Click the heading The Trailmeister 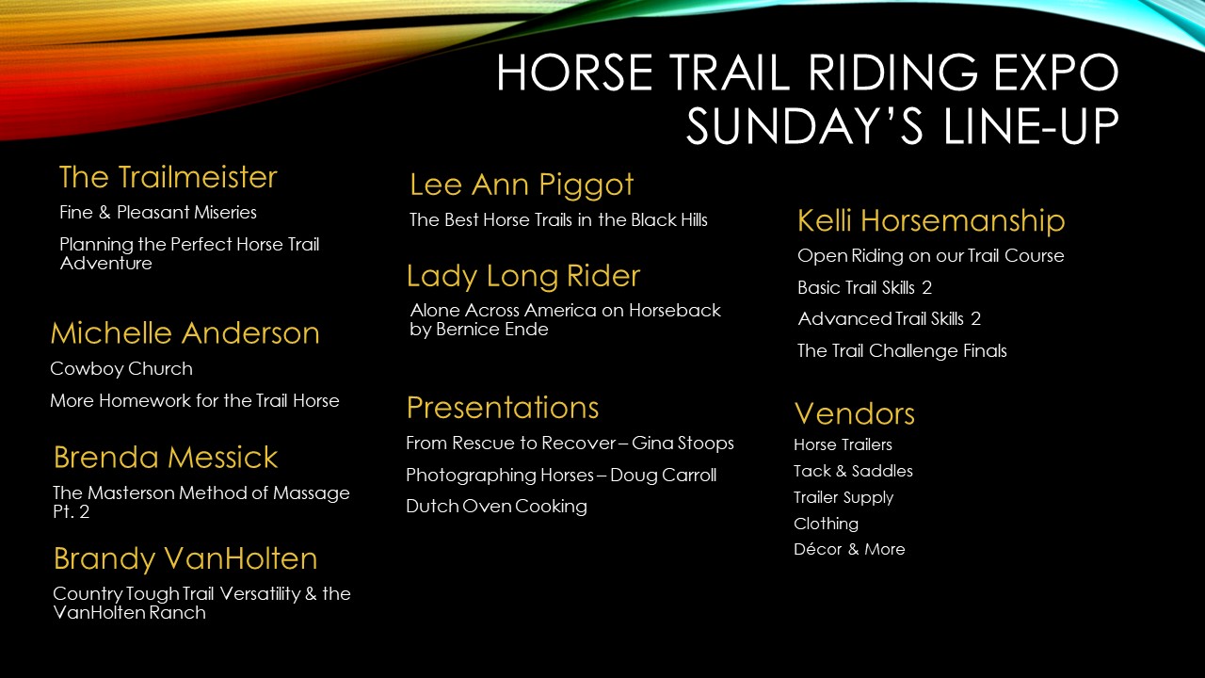168,177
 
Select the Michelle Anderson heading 185,332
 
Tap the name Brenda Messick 166,457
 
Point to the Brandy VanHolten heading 185,558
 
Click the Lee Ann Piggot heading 522,186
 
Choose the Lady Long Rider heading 523,277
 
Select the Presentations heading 503,408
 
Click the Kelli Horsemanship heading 931,220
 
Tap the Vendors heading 854,413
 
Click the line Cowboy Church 121,368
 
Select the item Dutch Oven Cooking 496,507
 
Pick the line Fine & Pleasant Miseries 158,213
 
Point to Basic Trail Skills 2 864,287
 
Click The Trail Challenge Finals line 902,351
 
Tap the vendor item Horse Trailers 843,444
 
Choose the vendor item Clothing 827,524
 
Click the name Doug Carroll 664,476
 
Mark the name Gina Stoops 683,444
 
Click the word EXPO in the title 1056,73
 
